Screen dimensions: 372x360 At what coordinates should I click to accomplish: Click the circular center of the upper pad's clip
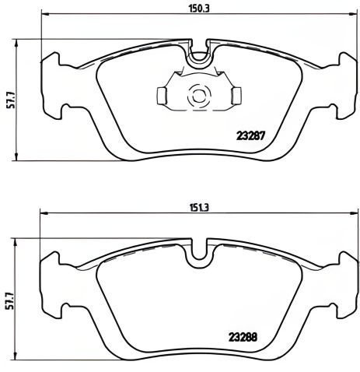[198, 96]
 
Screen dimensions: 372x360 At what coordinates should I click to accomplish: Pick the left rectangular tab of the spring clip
[162, 95]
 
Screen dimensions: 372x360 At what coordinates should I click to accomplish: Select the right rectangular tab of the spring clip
[236, 95]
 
